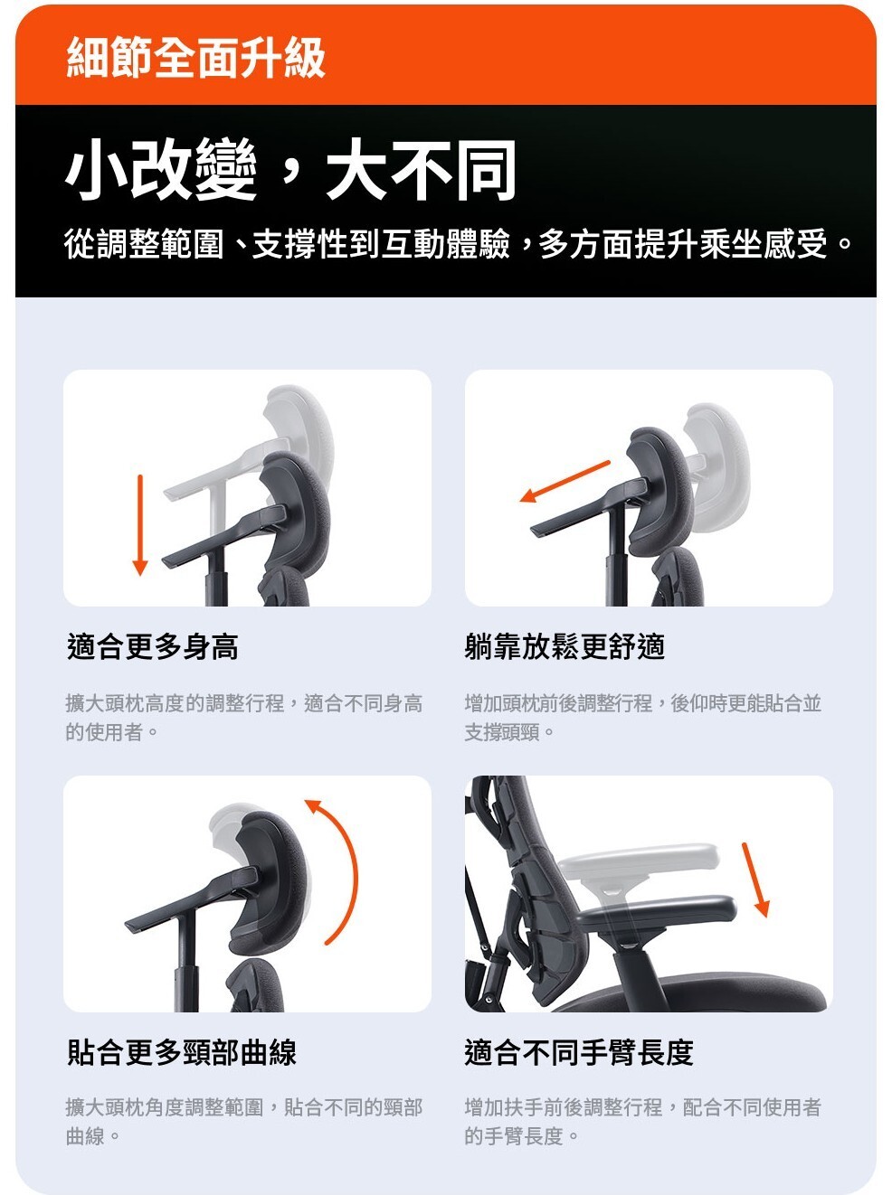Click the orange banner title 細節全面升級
(195, 58)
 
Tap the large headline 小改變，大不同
(290, 169)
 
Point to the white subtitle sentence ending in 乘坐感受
(459, 244)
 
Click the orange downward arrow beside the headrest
(140, 525)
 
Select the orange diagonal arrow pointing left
(565, 481)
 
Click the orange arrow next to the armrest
(756, 880)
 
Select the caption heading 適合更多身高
(152, 647)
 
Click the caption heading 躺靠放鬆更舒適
(565, 647)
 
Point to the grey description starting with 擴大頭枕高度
(243, 718)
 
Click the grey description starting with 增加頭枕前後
(643, 718)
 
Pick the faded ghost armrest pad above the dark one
(640, 861)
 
